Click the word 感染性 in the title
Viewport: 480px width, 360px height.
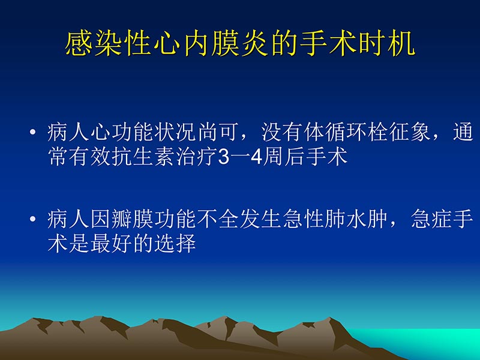pos(108,46)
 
